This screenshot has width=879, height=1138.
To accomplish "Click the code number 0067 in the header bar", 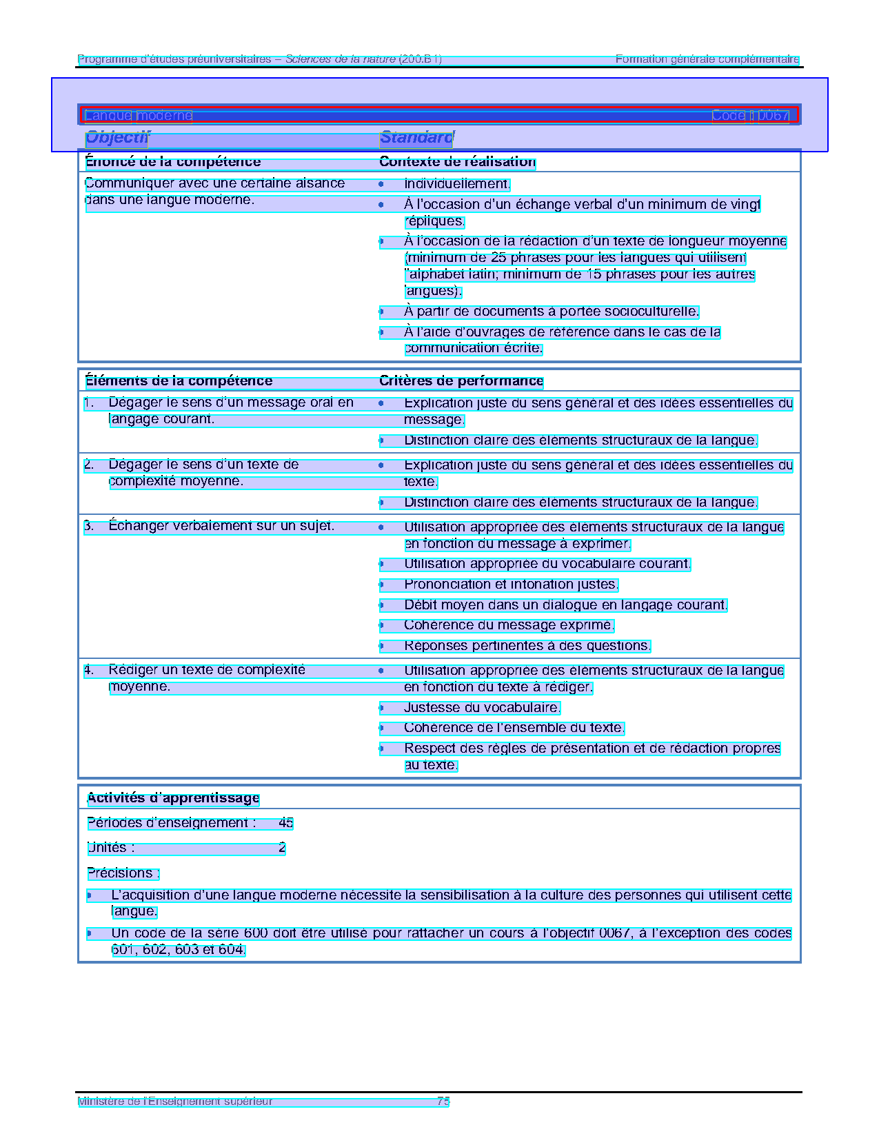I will (772, 116).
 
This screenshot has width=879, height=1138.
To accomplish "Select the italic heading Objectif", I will (117, 138).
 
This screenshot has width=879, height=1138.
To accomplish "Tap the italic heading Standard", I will (416, 138).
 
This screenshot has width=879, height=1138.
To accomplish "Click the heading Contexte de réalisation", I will (457, 162).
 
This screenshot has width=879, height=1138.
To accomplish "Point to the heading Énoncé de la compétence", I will (173, 162).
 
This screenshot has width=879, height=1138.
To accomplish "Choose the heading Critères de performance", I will (461, 381).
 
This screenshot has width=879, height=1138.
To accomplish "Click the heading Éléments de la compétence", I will (179, 381).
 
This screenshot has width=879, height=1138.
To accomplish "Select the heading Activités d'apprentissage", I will (173, 798).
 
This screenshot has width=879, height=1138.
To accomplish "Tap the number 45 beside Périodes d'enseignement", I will (285, 823).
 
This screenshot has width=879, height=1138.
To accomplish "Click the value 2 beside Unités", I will (282, 848).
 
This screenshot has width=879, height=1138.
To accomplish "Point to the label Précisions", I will (123, 873).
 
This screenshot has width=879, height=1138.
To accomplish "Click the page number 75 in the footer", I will (443, 1101).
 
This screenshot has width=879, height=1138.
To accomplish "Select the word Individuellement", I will (457, 184).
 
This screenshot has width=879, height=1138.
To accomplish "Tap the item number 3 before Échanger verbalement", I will (89, 527).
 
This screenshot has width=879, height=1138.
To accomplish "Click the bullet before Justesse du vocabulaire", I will (381, 708).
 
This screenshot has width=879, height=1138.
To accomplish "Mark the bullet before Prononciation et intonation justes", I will (381, 585).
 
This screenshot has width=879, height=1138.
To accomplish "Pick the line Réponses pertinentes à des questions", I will (527, 646).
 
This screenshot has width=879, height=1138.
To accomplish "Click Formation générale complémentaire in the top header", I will (707, 59).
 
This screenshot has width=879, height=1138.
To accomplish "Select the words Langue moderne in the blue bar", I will (139, 116).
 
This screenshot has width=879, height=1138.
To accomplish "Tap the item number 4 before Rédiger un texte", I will (89, 670).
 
